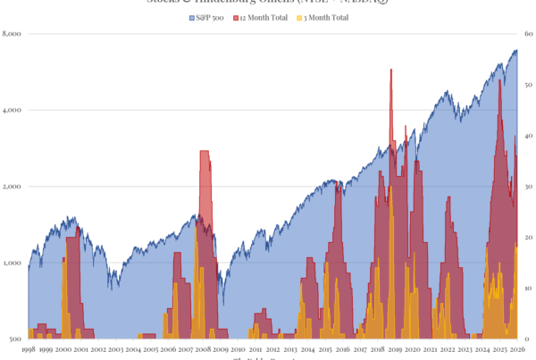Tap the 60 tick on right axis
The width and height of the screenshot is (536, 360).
tap(528, 34)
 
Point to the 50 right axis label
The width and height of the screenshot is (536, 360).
tap(528, 85)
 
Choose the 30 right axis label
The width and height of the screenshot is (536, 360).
tap(528, 187)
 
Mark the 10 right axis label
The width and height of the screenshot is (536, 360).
tap(528, 289)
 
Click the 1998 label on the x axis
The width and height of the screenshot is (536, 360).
tap(29, 350)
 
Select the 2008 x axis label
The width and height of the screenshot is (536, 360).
tap(203, 350)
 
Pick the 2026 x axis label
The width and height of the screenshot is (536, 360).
tap(517, 350)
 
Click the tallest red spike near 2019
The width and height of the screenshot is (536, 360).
tap(391, 71)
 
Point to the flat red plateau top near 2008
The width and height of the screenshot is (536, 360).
tap(204, 152)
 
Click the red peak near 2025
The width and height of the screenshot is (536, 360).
tap(499, 83)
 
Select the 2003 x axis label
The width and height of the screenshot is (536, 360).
tap(115, 350)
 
